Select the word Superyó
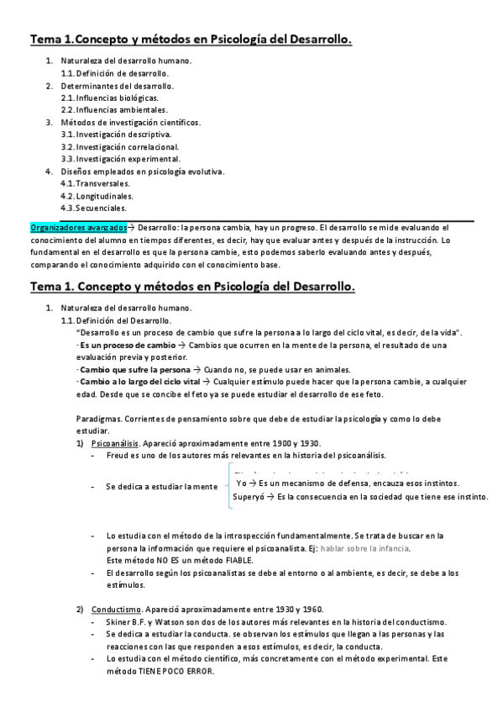tap(248, 497)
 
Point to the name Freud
tap(118, 456)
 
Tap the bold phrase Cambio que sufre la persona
tap(123, 370)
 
